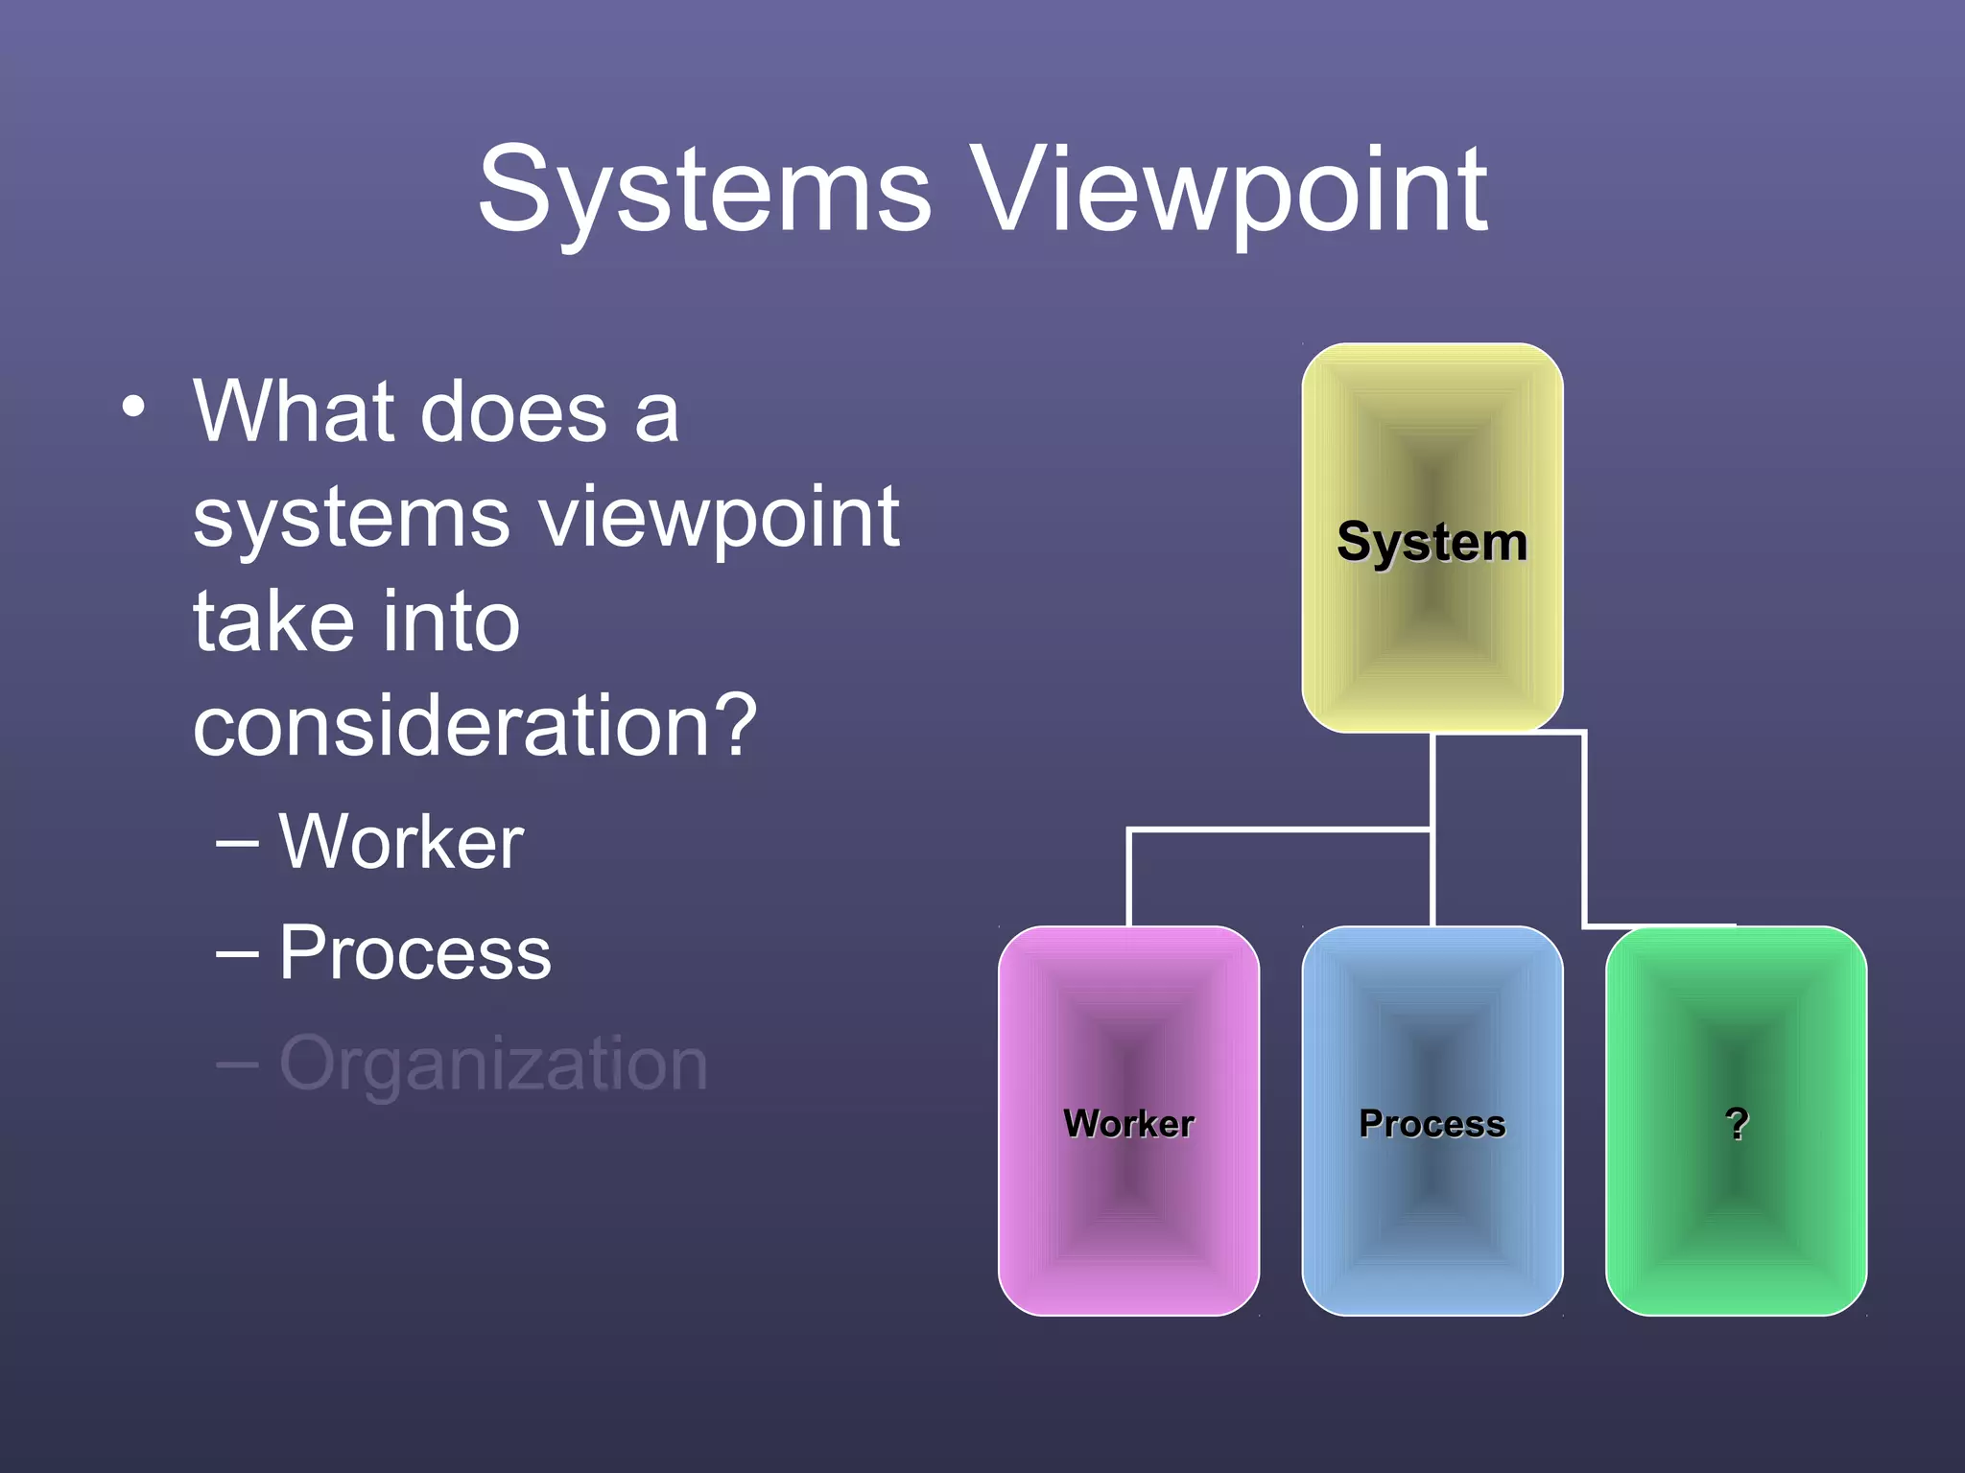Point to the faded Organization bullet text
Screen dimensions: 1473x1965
pos(493,1064)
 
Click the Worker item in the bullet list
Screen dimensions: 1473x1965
pos(401,841)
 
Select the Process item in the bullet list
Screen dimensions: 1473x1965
pos(414,952)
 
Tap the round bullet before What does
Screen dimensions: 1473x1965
pos(134,407)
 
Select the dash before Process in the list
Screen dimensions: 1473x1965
pos(237,955)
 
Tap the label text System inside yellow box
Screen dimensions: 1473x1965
pos(1432,543)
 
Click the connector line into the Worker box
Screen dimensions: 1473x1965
pos(1129,877)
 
